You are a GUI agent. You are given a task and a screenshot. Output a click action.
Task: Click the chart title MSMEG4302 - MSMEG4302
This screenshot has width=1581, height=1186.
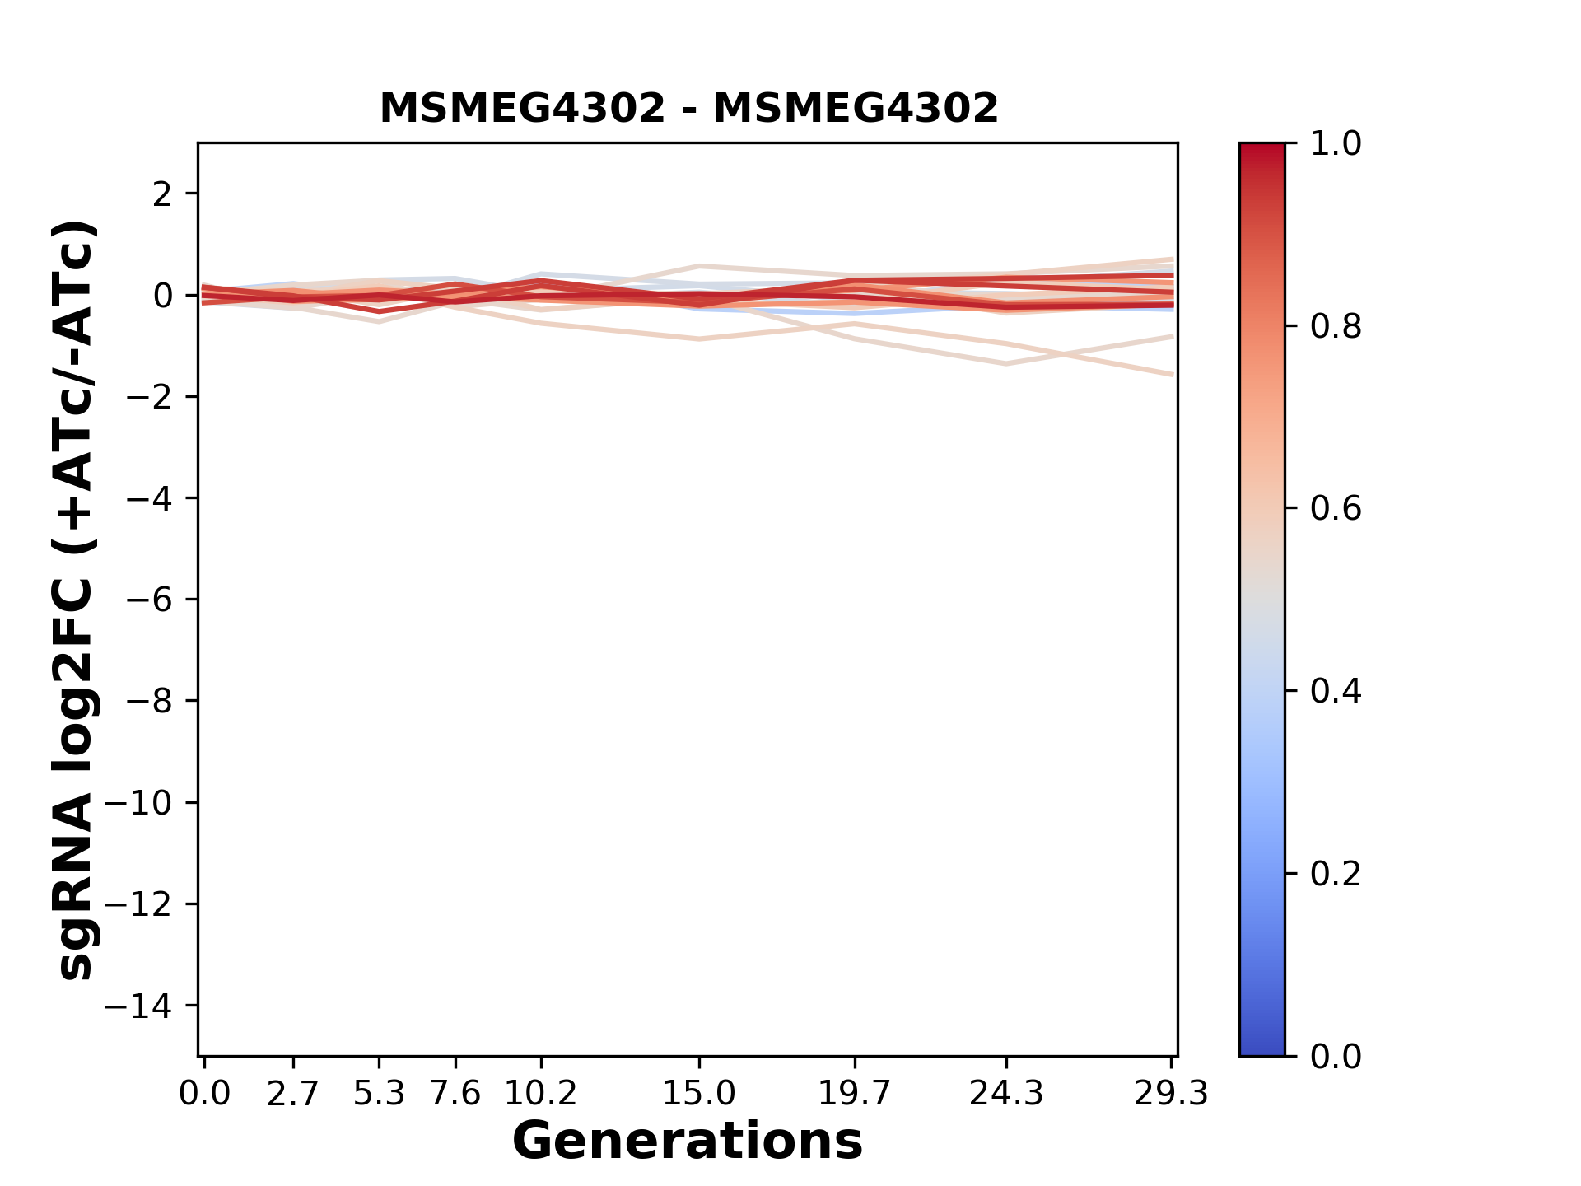click(x=688, y=109)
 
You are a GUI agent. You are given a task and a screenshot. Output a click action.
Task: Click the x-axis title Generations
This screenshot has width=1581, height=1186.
click(x=688, y=1142)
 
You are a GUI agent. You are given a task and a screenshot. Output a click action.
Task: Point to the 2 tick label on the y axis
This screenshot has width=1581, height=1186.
click(x=162, y=194)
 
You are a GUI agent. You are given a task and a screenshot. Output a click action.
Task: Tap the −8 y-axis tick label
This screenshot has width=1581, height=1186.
click(x=149, y=702)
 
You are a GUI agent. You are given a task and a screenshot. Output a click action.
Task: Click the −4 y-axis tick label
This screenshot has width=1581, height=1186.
click(x=149, y=499)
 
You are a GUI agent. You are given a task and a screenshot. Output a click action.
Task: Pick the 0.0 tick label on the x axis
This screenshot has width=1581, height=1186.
click(x=205, y=1094)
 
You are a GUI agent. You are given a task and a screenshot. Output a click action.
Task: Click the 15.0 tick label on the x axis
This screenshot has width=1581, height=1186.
click(x=699, y=1094)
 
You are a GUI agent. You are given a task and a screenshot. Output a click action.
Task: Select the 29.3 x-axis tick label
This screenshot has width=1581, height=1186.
click(x=1171, y=1094)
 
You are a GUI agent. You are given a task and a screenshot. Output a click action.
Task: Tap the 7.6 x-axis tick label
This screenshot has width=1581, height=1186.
click(x=455, y=1094)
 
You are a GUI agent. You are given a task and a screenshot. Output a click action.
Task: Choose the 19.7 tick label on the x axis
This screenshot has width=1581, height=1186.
click(x=854, y=1094)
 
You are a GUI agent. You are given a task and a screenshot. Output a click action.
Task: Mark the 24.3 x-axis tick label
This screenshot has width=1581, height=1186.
click(x=1006, y=1094)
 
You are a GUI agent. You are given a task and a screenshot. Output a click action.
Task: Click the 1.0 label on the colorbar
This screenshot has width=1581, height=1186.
click(x=1336, y=144)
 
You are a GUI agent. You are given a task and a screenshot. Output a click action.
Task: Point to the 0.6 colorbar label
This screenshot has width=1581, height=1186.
click(x=1336, y=509)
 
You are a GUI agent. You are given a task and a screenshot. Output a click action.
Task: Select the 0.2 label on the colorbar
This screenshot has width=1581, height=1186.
click(x=1336, y=874)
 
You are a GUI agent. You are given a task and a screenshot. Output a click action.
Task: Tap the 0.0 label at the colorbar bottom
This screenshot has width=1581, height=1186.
click(x=1336, y=1057)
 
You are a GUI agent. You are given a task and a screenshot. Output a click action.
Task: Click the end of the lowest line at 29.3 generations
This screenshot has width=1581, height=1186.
click(x=1172, y=375)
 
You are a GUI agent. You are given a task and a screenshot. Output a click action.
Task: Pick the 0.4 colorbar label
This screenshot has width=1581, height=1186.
click(x=1336, y=691)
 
